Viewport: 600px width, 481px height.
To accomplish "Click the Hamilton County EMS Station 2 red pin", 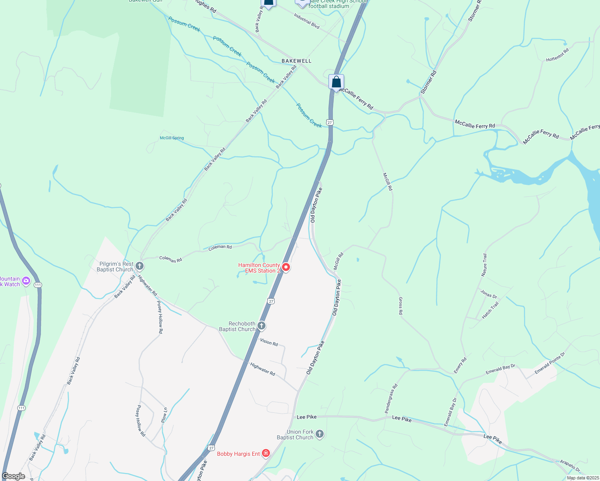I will (286, 267).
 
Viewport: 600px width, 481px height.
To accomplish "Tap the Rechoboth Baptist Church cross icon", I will (261, 325).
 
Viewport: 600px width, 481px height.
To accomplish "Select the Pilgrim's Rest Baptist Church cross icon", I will (140, 266).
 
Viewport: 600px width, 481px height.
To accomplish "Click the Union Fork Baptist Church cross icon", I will (320, 434).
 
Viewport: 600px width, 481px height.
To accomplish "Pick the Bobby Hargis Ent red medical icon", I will (266, 453).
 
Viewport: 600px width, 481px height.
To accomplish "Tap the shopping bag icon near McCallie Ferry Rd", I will (336, 82).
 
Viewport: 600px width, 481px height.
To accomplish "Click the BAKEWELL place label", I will (296, 61).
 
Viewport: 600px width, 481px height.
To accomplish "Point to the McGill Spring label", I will (172, 138).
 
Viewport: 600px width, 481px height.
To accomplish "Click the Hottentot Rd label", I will (557, 55).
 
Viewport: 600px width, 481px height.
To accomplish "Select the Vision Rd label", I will (269, 342).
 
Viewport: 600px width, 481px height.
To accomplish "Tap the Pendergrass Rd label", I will (391, 398).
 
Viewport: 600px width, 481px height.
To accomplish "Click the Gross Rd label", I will (400, 306).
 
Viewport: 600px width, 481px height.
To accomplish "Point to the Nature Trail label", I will (484, 265).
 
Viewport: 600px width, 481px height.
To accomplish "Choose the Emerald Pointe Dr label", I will (550, 363).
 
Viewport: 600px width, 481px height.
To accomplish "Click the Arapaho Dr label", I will (570, 466).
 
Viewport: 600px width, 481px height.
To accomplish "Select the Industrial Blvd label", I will (306, 21).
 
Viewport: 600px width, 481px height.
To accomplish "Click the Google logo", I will (13, 476).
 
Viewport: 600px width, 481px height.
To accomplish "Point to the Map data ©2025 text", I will (582, 478).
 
